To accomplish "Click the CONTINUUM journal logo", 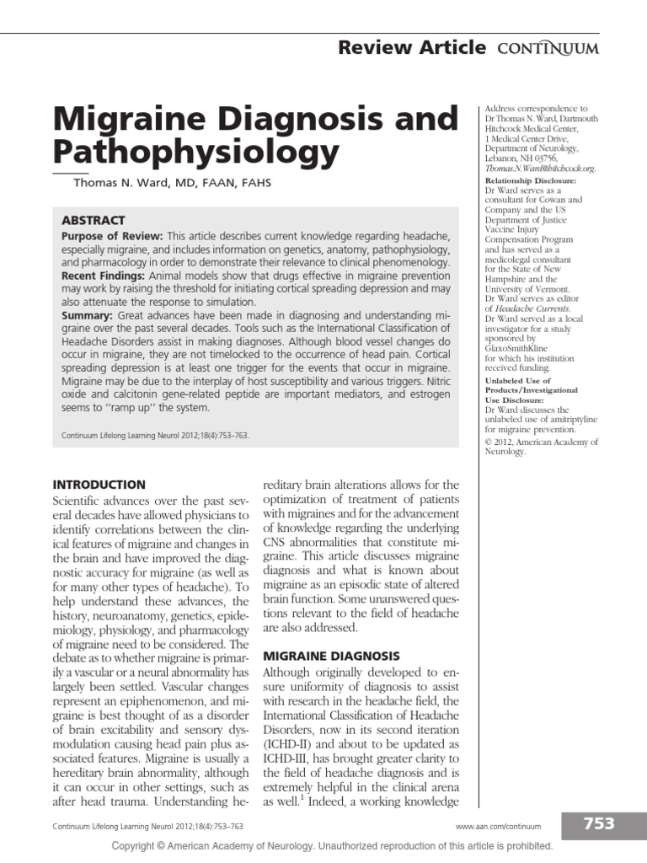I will [x=547, y=48].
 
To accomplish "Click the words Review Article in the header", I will [x=411, y=47].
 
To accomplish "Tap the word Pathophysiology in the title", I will [x=196, y=153].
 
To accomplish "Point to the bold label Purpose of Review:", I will [x=113, y=236].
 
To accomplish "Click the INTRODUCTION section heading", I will [x=99, y=485].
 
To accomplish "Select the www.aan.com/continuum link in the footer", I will [x=498, y=827].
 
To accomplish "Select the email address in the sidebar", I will [x=541, y=169].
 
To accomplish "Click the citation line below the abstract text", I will [x=156, y=437].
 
